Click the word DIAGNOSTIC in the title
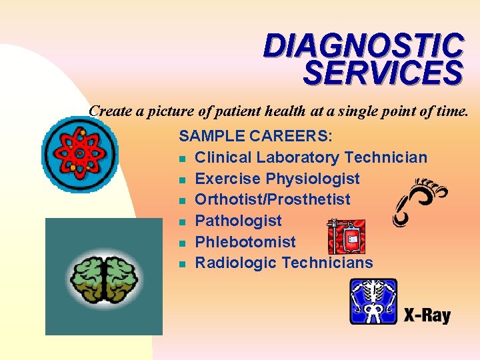tap(363, 46)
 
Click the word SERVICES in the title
tap(382, 73)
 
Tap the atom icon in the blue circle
tap(79, 154)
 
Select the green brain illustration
tap(103, 277)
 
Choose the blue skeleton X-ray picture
tap(373, 301)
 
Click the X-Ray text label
tap(427, 315)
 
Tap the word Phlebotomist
tap(245, 242)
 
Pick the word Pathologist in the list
tap(238, 221)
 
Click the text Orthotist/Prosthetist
tap(273, 199)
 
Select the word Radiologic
tap(236, 263)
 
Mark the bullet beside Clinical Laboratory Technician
tap(183, 159)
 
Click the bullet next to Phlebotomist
tap(183, 243)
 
